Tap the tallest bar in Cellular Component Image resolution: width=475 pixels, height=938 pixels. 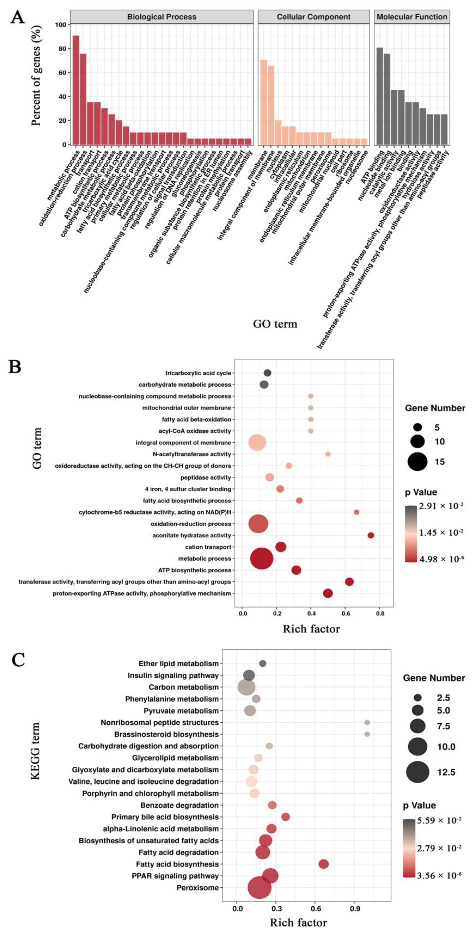264,102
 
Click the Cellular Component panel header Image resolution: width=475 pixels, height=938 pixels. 313,17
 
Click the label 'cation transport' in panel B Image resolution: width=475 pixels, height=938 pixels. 208,547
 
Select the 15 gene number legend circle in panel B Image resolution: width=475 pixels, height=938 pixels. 417,462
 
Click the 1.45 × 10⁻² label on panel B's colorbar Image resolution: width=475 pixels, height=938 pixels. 440,532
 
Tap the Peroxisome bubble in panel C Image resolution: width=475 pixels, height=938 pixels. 259,888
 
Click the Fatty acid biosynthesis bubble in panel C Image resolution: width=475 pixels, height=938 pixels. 324,864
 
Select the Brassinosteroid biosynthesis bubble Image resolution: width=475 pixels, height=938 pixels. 367,734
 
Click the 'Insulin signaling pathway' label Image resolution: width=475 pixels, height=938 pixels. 173,675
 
